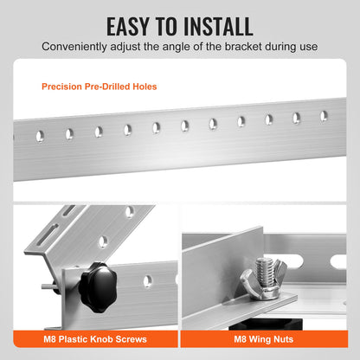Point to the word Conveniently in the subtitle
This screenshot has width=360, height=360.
(x=71, y=48)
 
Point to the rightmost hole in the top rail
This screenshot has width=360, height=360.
(x=323, y=115)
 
